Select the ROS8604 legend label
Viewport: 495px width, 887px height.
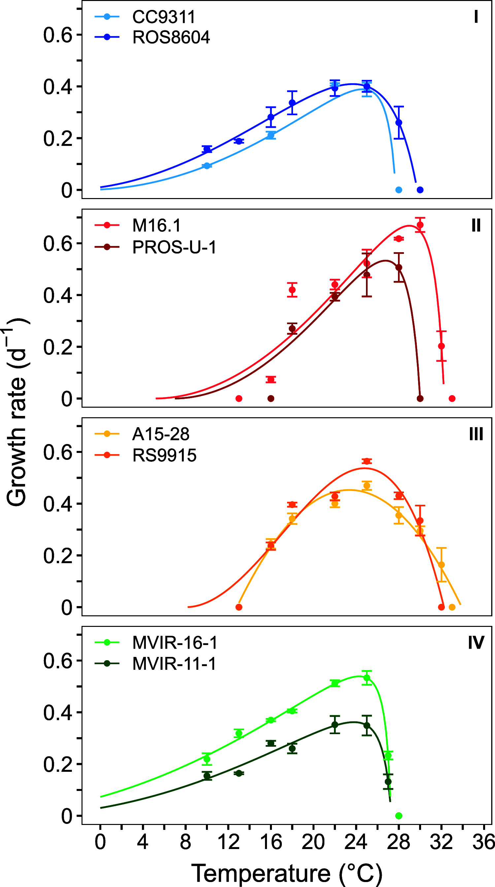pos(171,37)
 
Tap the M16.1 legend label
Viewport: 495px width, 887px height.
pos(157,225)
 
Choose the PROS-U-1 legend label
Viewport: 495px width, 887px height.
pos(174,247)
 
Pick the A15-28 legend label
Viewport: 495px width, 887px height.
pos(161,434)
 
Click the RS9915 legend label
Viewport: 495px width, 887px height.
pos(164,455)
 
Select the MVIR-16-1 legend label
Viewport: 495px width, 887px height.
pos(175,642)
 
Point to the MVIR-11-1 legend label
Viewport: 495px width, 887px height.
pos(174,664)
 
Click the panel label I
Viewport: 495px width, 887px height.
pos(476,17)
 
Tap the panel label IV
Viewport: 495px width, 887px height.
pos(476,642)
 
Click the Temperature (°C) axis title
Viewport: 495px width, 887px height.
pos(286,873)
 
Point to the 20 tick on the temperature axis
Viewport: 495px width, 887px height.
pos(313,842)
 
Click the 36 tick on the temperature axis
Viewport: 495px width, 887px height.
pos(483,842)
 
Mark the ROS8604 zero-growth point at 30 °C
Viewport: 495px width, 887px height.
pos(420,190)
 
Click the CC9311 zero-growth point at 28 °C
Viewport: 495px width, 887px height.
pos(399,190)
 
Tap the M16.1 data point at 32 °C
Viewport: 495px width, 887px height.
pos(441,346)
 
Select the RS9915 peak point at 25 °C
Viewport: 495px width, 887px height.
pos(367,461)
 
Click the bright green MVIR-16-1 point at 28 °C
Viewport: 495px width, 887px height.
pos(399,816)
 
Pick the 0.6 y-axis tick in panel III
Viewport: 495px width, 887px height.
pos(57,452)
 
